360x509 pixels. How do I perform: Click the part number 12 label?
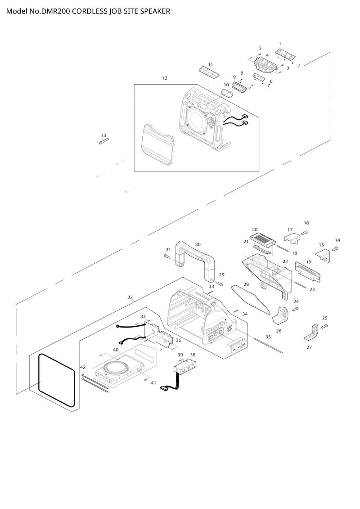[165, 78]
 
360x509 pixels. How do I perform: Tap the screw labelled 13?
[103, 141]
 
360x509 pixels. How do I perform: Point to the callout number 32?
[130, 297]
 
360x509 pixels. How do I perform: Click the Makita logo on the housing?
[216, 328]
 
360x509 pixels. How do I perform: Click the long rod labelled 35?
[268, 345]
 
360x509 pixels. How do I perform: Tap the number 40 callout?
[116, 350]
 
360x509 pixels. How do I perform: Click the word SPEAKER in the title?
[154, 11]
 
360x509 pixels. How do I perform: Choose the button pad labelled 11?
[209, 72]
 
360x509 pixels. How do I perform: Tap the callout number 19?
[309, 261]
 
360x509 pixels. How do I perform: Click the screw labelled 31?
[167, 256]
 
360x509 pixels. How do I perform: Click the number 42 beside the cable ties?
[83, 367]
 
